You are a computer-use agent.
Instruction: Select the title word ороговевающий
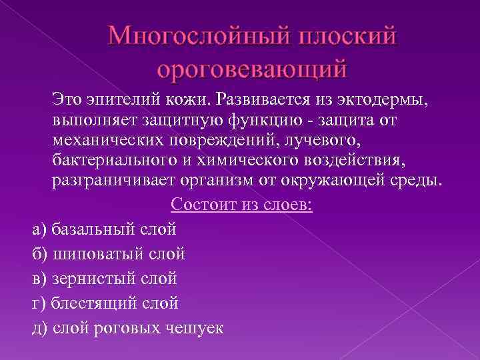[253, 68]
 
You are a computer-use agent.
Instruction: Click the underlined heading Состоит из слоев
[242, 205]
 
